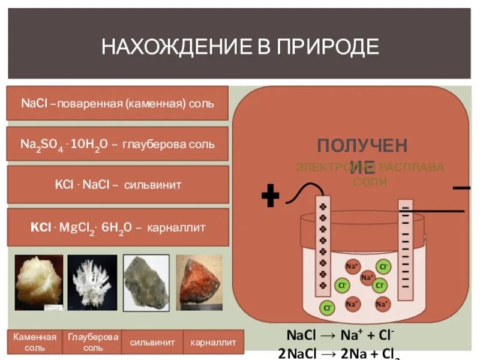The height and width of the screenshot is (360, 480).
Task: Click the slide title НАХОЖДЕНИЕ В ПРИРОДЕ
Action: pyautogui.click(x=240, y=46)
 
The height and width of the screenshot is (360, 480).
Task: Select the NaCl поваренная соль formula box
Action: pyautogui.click(x=118, y=103)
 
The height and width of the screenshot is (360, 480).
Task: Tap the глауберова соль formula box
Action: pyautogui.click(x=118, y=144)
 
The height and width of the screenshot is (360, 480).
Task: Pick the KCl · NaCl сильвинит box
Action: pyautogui.click(x=118, y=185)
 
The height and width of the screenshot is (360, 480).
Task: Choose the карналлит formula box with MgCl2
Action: pyautogui.click(x=118, y=227)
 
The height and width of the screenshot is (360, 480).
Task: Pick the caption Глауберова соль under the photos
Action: pyautogui.click(x=93, y=342)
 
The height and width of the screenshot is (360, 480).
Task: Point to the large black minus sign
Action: pyautogui.click(x=461, y=188)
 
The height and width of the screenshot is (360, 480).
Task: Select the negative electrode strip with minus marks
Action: pyautogui.click(x=406, y=249)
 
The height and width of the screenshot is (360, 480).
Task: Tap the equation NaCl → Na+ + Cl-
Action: pyautogui.click(x=340, y=335)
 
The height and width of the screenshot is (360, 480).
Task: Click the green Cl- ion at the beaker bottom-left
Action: pyautogui.click(x=328, y=308)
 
